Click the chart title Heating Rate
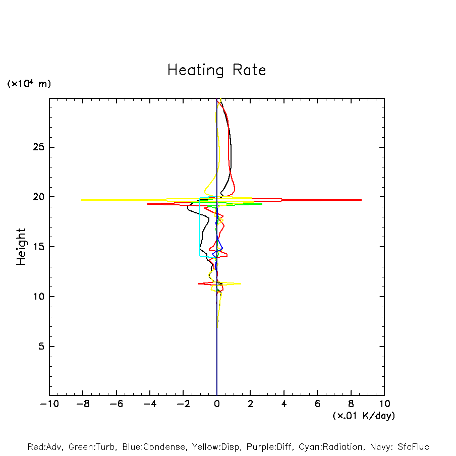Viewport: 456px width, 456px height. click(x=216, y=70)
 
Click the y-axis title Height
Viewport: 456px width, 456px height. click(x=21, y=247)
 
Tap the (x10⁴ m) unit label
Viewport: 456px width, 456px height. click(x=29, y=84)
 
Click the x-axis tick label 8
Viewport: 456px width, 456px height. click(x=351, y=404)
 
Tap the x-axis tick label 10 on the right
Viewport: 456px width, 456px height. click(x=384, y=404)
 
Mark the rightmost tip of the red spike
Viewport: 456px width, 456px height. click(x=361, y=200)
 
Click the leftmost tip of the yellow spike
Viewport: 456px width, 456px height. click(x=81, y=200)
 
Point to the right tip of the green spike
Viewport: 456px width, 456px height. click(x=262, y=204)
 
